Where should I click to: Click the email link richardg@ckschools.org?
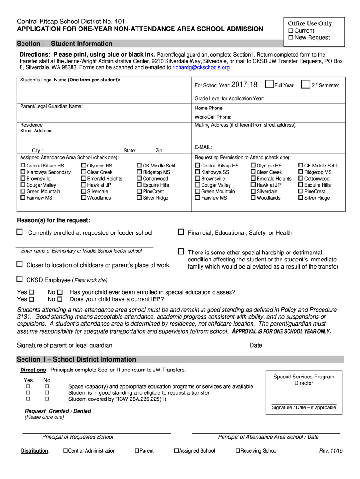pos(201,67)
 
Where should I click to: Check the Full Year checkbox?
pos(269,85)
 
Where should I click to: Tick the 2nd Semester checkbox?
pos(305,85)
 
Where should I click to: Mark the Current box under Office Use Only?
pos(290,31)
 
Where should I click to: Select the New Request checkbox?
pos(290,37)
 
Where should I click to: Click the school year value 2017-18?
pos(245,85)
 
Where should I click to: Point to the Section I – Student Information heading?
pos(65,44)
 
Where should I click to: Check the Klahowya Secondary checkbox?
pos(22,172)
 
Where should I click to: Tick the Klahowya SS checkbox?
pos(197,172)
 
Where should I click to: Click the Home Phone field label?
pos(209,108)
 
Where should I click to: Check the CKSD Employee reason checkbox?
pos(20,279)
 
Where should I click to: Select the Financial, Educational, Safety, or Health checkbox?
pos(181,232)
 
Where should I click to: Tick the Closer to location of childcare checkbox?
pos(20,264)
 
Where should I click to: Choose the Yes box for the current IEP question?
pos(31,299)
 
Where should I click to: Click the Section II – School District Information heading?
pos(76,359)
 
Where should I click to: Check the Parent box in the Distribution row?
pos(137,450)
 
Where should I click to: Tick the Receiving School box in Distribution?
pos(237,450)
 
